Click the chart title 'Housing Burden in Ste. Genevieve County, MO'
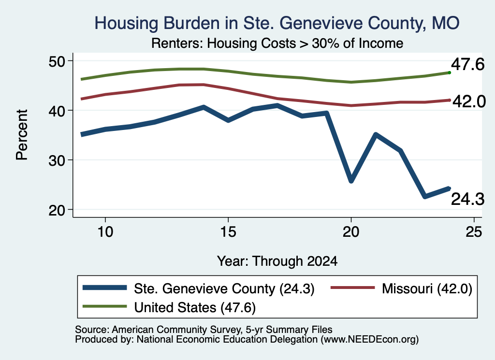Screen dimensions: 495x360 coord(277,23)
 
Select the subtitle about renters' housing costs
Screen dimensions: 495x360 coord(277,43)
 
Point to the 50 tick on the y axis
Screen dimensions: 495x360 coord(57,61)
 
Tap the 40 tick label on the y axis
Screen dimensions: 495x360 coord(57,111)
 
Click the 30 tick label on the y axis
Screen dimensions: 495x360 coord(57,160)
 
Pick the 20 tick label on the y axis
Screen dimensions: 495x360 coord(57,210)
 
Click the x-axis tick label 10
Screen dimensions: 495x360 coord(105,232)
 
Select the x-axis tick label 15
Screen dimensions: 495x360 coord(228,232)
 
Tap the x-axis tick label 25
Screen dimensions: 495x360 coord(474,232)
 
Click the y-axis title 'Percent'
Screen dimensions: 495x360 coord(22,135)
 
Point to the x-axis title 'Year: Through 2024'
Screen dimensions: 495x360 coord(277,261)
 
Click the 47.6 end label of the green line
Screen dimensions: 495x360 coord(467,65)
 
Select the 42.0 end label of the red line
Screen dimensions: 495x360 coord(469,102)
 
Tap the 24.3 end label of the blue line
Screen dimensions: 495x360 coord(467,200)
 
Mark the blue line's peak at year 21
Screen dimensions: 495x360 coord(376,135)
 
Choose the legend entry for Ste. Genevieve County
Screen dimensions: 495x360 coord(199,288)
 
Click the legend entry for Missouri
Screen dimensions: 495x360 coord(401,288)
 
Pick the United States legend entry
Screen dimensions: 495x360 coord(169,307)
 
